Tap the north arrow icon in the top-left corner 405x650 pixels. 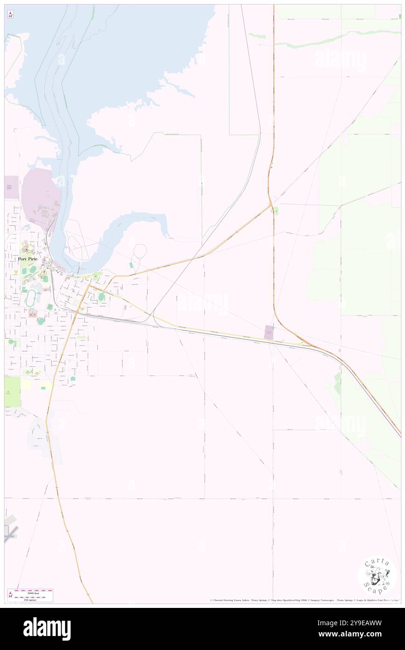pyautogui.click(x=10, y=14)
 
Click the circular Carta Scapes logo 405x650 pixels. pyautogui.click(x=377, y=575)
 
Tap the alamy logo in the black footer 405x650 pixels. pyautogui.click(x=47, y=629)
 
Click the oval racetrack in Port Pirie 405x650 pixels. pyautogui.click(x=31, y=298)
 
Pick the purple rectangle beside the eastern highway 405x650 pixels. pyautogui.click(x=269, y=332)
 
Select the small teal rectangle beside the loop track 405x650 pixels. pyautogui.click(x=131, y=265)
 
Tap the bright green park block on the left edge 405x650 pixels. pyautogui.click(x=12, y=391)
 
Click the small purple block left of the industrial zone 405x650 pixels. pyautogui.click(x=11, y=187)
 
